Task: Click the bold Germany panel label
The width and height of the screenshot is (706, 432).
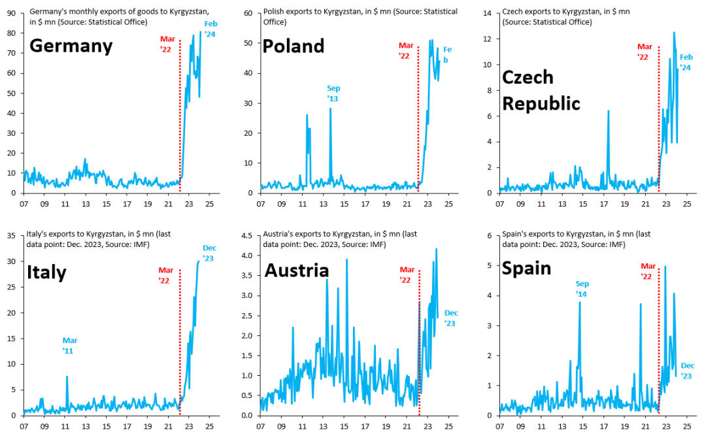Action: click(71, 46)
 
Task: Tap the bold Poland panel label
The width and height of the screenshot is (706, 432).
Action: click(293, 46)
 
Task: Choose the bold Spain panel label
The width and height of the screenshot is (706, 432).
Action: click(526, 269)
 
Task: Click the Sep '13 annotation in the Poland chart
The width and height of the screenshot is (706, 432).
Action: click(333, 93)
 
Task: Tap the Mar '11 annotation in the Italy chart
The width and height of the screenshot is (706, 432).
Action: click(70, 346)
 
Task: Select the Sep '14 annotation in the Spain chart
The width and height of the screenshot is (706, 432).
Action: click(582, 289)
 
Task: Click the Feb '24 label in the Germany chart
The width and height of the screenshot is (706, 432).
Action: click(209, 29)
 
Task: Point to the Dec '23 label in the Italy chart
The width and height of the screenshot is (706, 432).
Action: click(209, 253)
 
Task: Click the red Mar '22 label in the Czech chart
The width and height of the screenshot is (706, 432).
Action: click(645, 52)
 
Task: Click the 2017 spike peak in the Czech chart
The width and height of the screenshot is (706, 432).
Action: click(608, 111)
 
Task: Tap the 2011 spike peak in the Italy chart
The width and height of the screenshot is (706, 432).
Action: click(67, 376)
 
